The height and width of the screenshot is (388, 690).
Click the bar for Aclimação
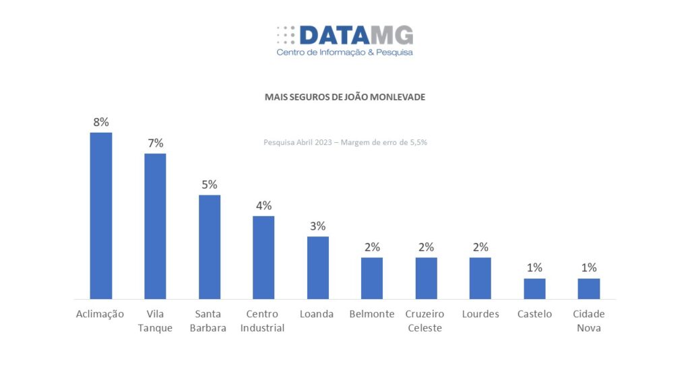(x=101, y=216)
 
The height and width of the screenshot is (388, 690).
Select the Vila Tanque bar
(x=155, y=226)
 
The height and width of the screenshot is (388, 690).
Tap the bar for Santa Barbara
(x=210, y=247)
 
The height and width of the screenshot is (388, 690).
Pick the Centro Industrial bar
(x=263, y=257)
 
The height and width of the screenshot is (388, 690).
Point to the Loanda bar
(x=318, y=267)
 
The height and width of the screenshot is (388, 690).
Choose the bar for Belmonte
(x=372, y=278)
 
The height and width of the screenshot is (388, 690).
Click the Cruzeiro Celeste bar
(x=426, y=278)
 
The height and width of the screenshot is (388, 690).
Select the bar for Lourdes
(x=480, y=278)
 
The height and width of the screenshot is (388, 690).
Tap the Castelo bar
(x=534, y=288)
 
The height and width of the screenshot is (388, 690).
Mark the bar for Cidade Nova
(x=589, y=288)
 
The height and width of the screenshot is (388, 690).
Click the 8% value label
(x=101, y=123)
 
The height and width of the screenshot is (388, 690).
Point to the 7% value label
(x=155, y=143)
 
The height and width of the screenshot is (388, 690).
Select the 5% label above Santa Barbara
(x=210, y=185)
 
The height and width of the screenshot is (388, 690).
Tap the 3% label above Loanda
(x=318, y=226)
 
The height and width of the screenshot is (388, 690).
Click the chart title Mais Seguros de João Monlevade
(x=345, y=97)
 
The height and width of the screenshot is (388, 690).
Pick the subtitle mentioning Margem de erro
(x=345, y=142)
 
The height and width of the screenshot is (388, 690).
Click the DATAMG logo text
(x=356, y=35)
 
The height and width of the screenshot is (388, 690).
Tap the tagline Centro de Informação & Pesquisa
(x=345, y=52)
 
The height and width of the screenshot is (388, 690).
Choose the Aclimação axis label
(x=101, y=314)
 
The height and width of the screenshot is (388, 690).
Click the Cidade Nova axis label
(x=589, y=321)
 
